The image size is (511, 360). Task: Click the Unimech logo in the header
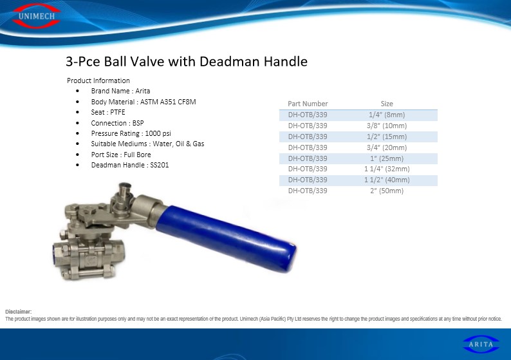tap(36, 15)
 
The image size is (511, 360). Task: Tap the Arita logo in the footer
tap(481, 345)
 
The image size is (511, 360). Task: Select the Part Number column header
tap(308, 104)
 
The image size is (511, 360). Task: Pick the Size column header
tap(387, 104)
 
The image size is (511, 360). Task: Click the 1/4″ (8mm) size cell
tap(387, 115)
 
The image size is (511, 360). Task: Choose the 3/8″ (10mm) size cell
tap(387, 126)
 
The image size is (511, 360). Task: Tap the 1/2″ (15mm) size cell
tap(387, 137)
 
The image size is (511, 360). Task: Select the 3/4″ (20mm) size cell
tap(387, 147)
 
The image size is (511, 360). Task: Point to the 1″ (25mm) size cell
tap(387, 158)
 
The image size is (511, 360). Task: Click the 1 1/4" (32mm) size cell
tap(387, 169)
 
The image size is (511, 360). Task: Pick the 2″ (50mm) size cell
tap(387, 191)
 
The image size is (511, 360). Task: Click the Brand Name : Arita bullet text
tap(120, 91)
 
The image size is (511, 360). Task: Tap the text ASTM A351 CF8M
tap(168, 102)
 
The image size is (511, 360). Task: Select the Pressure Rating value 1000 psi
tap(158, 133)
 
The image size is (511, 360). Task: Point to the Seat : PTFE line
tap(108, 112)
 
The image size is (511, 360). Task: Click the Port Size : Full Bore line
tap(121, 155)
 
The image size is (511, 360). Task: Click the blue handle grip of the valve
tap(227, 238)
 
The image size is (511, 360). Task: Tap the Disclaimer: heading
tap(19, 312)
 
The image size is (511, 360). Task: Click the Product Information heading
tap(98, 81)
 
